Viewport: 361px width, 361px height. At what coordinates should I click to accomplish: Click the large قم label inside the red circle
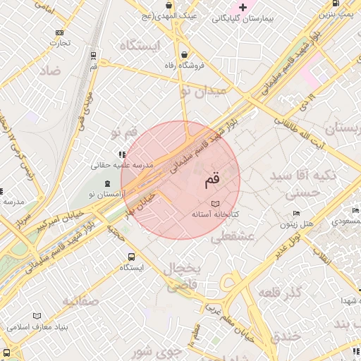pyautogui.click(x=212, y=180)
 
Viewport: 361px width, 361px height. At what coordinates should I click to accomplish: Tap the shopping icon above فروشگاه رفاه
pyautogui.click(x=184, y=54)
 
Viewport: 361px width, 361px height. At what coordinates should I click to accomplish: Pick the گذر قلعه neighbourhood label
pyautogui.click(x=280, y=292)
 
